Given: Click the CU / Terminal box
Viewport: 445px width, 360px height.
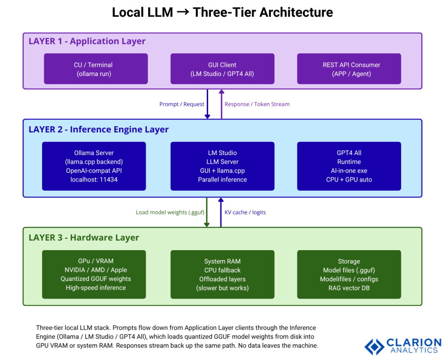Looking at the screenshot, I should (x=96, y=69).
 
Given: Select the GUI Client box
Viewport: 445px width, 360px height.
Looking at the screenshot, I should (x=222, y=69).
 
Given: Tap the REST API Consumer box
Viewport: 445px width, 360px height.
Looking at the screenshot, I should (x=349, y=69).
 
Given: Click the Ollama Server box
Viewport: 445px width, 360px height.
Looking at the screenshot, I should (x=94, y=166).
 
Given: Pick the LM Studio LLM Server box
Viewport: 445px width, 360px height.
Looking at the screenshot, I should (x=222, y=166).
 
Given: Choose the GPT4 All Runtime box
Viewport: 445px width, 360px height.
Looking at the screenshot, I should (x=349, y=166).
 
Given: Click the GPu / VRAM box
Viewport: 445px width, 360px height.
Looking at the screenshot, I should (x=94, y=274).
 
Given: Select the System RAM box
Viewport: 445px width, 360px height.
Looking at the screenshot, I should (x=222, y=274).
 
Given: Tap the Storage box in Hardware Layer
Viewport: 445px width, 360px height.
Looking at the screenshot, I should (x=349, y=274).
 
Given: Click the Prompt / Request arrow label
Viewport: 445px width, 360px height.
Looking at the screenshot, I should (x=182, y=104).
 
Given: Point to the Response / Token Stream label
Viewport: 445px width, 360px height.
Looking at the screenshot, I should (x=257, y=104).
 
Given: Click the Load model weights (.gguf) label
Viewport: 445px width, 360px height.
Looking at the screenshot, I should (x=170, y=212).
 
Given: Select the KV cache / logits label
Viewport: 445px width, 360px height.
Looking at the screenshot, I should (x=245, y=212).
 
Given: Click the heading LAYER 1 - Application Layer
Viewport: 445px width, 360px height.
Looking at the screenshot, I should (x=87, y=42).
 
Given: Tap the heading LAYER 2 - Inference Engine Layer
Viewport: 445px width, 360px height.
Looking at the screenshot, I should (x=99, y=129).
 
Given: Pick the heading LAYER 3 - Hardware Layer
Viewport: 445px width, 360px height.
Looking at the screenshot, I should (x=84, y=238).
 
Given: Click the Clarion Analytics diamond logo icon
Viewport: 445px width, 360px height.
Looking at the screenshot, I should (x=374, y=346).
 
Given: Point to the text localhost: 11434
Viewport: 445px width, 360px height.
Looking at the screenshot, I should (x=94, y=179).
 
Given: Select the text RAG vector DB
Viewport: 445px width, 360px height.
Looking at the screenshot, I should (x=349, y=288).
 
